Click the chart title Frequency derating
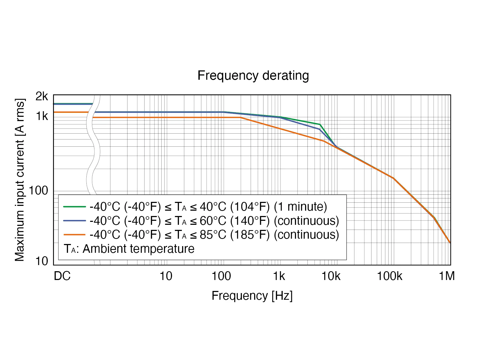[253, 75]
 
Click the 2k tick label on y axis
[42, 96]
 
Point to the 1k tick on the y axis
[42, 116]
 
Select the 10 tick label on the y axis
[42, 261]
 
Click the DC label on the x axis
[62, 276]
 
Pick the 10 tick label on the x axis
[166, 276]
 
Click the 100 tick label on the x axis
[221, 276]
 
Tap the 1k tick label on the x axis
[279, 276]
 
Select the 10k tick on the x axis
[331, 276]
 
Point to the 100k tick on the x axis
[389, 276]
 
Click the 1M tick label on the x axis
[447, 276]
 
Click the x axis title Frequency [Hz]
[252, 296]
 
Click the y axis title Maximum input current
[20, 180]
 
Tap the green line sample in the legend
[74, 207]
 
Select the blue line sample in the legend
[74, 221]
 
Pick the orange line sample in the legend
[74, 235]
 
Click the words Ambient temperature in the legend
[138, 249]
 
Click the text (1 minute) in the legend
[300, 207]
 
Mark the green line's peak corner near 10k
[320, 125]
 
